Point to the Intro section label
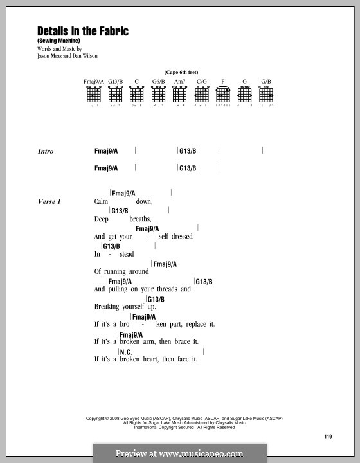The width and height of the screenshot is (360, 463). pyautogui.click(x=46, y=152)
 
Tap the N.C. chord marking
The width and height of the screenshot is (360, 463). pyautogui.click(x=127, y=352)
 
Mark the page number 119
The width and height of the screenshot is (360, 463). pyautogui.click(x=328, y=437)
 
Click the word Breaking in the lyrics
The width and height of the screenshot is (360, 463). pyautogui.click(x=109, y=307)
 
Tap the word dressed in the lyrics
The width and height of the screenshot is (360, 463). pyautogui.click(x=181, y=237)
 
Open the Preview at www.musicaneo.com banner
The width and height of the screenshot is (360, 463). pyautogui.click(x=179, y=453)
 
